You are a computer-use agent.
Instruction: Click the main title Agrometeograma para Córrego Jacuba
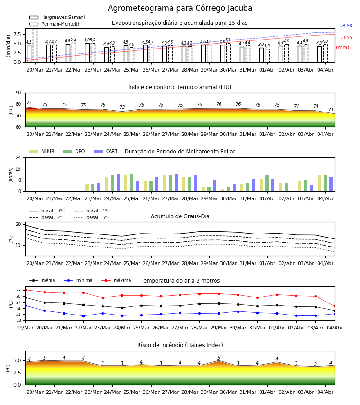pyautogui.click(x=180, y=8)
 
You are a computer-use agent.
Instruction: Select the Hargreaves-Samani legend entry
pyautogui.click(x=57, y=17)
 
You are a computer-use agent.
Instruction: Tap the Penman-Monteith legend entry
pyautogui.click(x=55, y=24)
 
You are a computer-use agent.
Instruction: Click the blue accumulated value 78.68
pyautogui.click(x=346, y=26)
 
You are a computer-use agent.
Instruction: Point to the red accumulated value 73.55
pyautogui.click(x=346, y=37)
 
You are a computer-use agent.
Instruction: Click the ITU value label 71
pyautogui.click(x=331, y=109)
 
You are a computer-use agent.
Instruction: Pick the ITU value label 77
pyautogui.click(x=29, y=103)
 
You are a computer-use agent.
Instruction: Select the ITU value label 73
pyautogui.click(x=122, y=107)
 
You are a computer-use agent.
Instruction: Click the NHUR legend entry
pyautogui.click(x=42, y=151)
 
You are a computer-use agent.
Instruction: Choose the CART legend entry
pyautogui.click(x=106, y=151)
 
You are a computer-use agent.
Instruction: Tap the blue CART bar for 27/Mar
pyautogui.click(x=176, y=183)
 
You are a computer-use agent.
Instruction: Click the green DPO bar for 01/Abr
pyautogui.click(x=267, y=184)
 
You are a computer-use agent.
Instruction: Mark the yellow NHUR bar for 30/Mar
pyautogui.click(x=223, y=190)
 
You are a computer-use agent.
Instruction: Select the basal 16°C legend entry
pyautogui.click(x=92, y=217)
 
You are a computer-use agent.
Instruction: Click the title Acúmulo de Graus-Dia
pyautogui.click(x=180, y=216)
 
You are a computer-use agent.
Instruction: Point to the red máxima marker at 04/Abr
pyautogui.click(x=335, y=306)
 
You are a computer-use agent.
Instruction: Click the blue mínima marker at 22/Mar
pyautogui.click(x=83, y=316)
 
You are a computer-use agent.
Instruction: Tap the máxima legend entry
pyautogui.click(x=116, y=280)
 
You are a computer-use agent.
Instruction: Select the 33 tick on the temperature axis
pyautogui.click(x=18, y=291)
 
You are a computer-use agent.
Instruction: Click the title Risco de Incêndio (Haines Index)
pyautogui.click(x=180, y=345)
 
